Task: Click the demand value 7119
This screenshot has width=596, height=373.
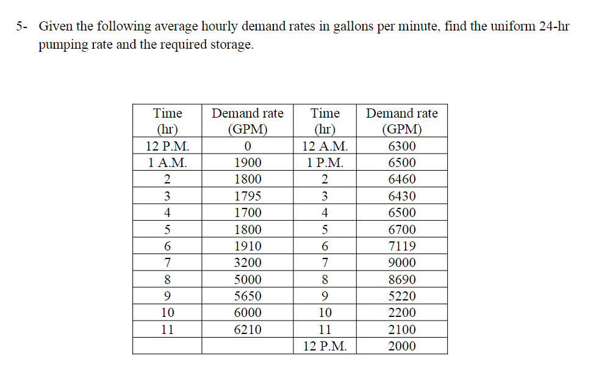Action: pyautogui.click(x=402, y=246)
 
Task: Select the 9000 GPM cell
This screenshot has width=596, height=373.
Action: pyautogui.click(x=402, y=263)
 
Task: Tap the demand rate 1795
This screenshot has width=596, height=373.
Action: pyautogui.click(x=248, y=196)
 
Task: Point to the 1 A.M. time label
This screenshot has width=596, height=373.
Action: pyautogui.click(x=168, y=163)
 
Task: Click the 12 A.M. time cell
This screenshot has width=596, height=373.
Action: pyautogui.click(x=325, y=146)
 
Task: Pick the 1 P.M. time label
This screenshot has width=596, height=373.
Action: pyautogui.click(x=325, y=163)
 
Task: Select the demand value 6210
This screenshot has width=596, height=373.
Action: pyautogui.click(x=248, y=330)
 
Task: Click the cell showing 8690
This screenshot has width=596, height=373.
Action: pyautogui.click(x=402, y=280)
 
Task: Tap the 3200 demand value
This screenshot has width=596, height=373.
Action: pyautogui.click(x=248, y=263)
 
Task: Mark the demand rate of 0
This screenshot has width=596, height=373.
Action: pyautogui.click(x=248, y=146)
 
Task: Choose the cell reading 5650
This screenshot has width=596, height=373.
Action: pyautogui.click(x=248, y=296)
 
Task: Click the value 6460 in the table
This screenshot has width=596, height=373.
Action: pyautogui.click(x=402, y=180)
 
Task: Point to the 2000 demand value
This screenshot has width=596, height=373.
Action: pyautogui.click(x=402, y=346)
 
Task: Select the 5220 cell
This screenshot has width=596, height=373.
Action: pyautogui.click(x=402, y=296)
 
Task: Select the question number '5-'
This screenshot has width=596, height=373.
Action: pyautogui.click(x=23, y=27)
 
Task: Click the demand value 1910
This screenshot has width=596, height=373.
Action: pyautogui.click(x=248, y=246)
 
